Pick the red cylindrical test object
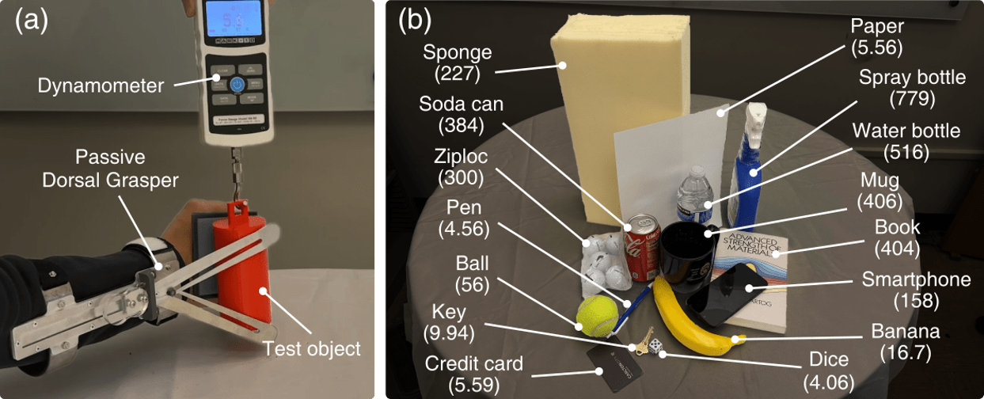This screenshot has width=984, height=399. pos(241,265)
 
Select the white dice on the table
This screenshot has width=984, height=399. pos(655,346)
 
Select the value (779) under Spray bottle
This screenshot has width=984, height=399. pos(913,99)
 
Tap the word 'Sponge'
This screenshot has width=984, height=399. pos(458,53)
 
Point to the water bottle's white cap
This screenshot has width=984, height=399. pos(696,171)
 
